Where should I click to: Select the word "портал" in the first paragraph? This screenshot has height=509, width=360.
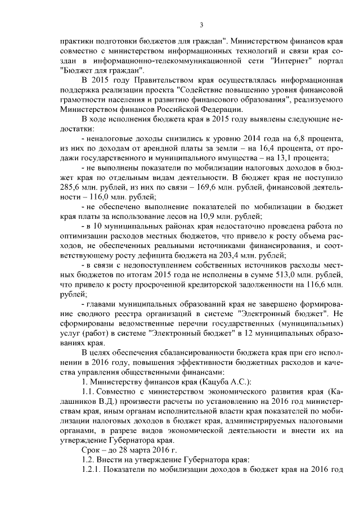click(x=327, y=60)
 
